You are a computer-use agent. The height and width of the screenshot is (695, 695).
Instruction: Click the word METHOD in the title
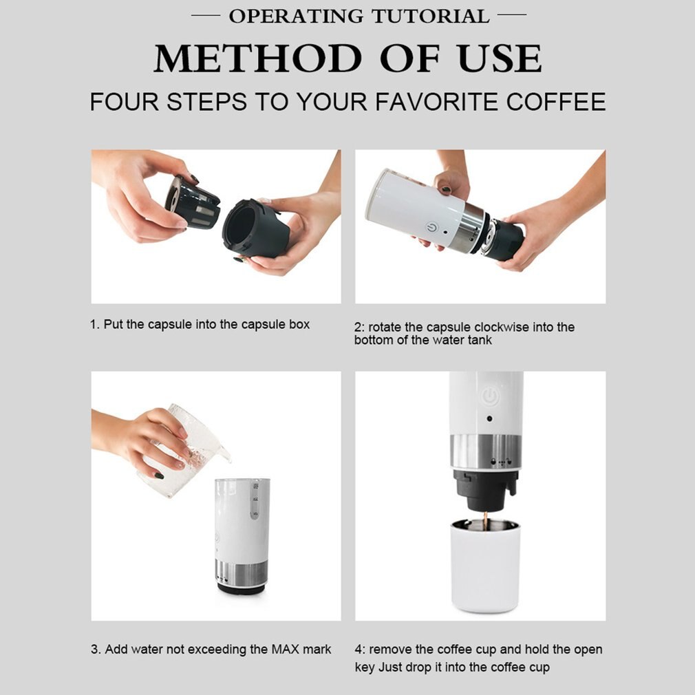(255, 59)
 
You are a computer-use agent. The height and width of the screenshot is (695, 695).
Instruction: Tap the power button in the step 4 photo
(489, 396)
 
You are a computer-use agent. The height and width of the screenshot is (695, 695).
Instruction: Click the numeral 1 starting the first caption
(94, 324)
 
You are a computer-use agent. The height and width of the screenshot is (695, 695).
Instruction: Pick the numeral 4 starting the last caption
(358, 650)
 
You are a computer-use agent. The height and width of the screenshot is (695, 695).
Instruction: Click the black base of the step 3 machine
(242, 589)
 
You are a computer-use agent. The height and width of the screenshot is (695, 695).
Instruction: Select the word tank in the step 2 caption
(478, 340)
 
